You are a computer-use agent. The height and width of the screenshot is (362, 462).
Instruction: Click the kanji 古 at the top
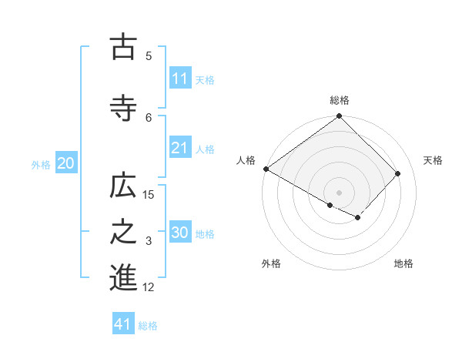tap(123, 48)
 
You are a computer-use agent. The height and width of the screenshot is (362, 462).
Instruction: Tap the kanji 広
tap(123, 188)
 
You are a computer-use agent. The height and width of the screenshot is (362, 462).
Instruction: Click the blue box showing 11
tap(180, 79)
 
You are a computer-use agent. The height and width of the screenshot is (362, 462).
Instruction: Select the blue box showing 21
tap(180, 148)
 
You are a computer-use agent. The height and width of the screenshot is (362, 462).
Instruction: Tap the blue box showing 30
tap(180, 233)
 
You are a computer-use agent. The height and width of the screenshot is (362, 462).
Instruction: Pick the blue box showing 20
tap(66, 163)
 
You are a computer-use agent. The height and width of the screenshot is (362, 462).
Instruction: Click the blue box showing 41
tap(123, 324)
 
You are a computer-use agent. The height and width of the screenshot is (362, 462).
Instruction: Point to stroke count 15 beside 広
tap(149, 195)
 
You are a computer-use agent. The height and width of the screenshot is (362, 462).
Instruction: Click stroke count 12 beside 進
tap(149, 287)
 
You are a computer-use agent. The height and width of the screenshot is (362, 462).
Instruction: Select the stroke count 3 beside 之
tap(149, 241)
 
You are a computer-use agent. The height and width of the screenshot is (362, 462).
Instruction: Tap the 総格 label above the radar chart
tap(340, 100)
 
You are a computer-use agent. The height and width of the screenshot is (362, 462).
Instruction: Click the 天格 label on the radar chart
tap(433, 160)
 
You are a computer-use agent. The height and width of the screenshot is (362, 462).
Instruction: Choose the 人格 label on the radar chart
tap(246, 160)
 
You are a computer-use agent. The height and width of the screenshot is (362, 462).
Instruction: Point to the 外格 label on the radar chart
tap(271, 263)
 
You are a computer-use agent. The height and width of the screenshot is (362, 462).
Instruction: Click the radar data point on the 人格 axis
tap(266, 169)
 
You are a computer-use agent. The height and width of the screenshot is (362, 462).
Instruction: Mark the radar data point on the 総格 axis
tap(340, 117)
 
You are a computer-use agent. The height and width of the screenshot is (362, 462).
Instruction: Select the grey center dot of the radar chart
tap(340, 192)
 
